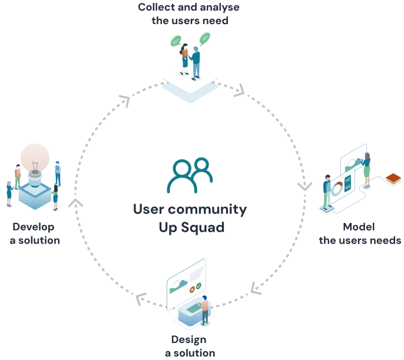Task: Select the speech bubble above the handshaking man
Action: point(205,39)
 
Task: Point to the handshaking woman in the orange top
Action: point(185,58)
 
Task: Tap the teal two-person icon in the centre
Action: point(190,176)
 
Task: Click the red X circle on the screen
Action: point(191,288)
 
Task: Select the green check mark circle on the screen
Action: point(199,285)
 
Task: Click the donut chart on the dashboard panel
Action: point(337,189)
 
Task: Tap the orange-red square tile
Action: point(393,178)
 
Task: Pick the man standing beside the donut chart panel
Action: point(327,191)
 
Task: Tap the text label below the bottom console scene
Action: point(190,346)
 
